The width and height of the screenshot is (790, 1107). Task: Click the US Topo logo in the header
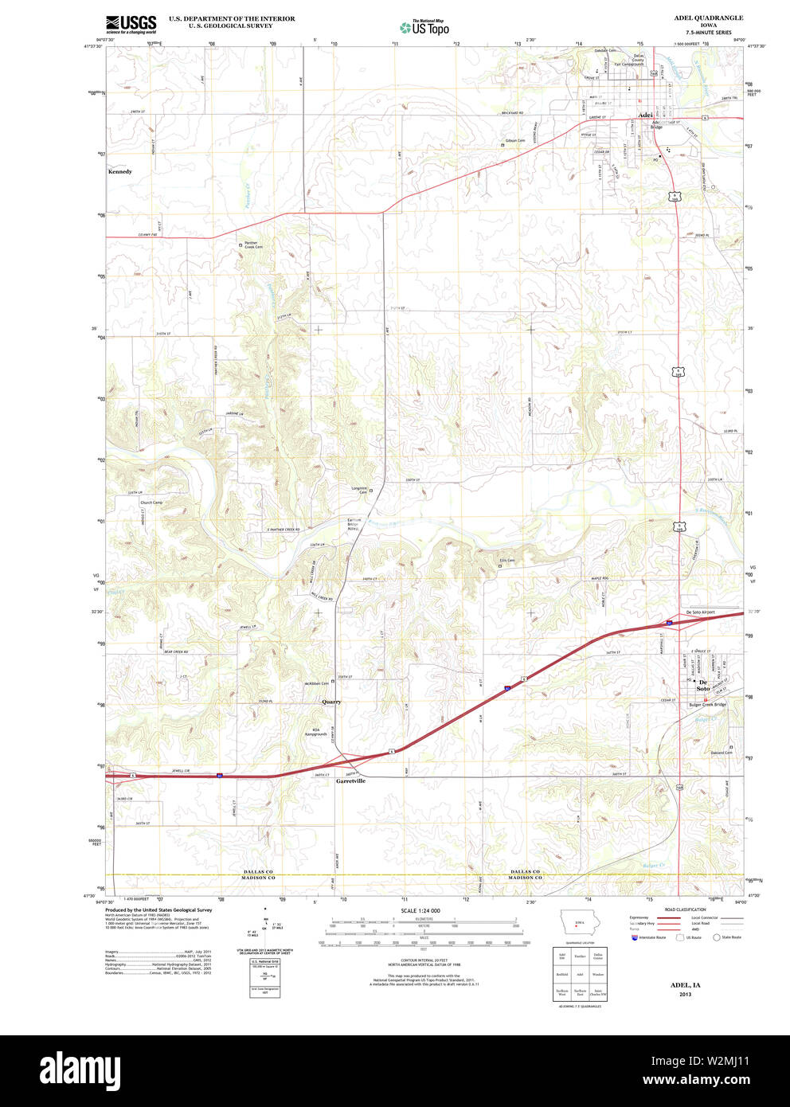[424, 28]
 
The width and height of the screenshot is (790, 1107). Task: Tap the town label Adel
[645, 114]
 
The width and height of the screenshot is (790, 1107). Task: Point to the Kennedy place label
[120, 171]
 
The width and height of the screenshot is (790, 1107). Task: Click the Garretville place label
[350, 781]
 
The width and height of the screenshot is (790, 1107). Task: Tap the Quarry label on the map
[331, 702]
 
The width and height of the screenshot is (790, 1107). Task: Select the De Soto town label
[703, 685]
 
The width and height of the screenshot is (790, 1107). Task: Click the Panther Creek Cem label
[253, 245]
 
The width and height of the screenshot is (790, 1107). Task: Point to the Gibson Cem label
[515, 141]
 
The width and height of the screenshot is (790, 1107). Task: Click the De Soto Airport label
[700, 612]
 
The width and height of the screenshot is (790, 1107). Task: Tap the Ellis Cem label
[507, 561]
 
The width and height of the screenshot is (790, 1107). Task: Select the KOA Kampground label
[315, 732]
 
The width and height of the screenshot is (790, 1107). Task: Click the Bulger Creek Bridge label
[708, 704]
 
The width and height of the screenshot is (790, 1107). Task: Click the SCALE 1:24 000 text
[420, 910]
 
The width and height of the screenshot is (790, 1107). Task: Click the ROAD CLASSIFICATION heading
[686, 909]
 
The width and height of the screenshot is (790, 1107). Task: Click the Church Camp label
[151, 503]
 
